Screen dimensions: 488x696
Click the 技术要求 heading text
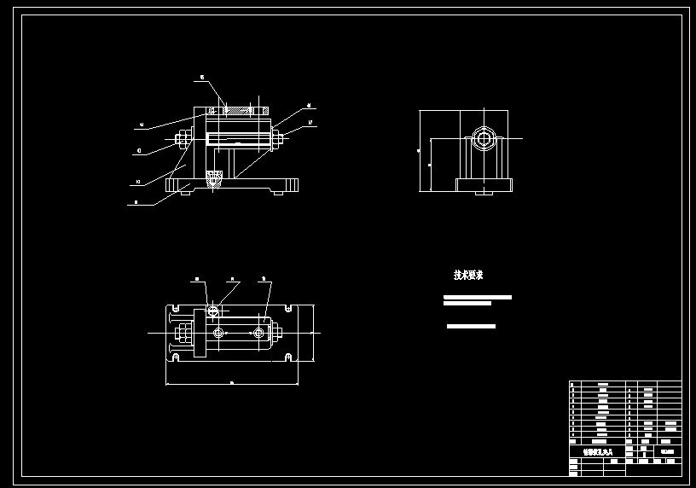(468, 276)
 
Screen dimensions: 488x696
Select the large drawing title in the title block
(596, 453)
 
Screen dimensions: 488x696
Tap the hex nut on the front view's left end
(181, 138)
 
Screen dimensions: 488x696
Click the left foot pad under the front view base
(185, 193)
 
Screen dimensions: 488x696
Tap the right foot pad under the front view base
(278, 193)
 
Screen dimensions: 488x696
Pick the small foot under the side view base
(484, 193)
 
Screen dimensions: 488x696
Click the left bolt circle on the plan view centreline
(219, 331)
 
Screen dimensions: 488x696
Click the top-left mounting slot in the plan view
(176, 305)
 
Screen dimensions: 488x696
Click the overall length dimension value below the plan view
(232, 383)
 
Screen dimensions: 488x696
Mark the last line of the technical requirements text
(471, 326)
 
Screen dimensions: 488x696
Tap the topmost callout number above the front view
(201, 78)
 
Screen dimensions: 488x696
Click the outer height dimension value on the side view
(418, 150)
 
